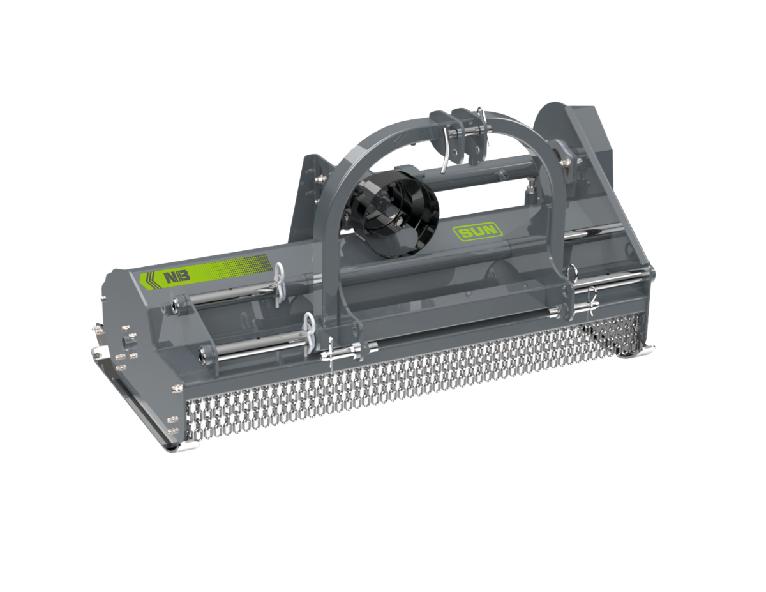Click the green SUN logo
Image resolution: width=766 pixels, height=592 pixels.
[477, 231]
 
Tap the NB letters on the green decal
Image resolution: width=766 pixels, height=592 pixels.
[177, 276]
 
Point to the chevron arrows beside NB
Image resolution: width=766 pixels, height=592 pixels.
[151, 280]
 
